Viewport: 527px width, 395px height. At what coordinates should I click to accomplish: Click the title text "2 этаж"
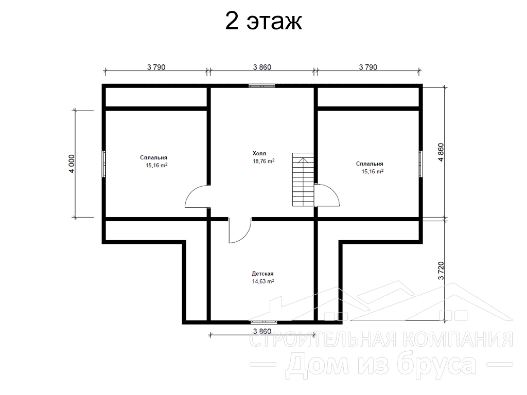click(263, 22)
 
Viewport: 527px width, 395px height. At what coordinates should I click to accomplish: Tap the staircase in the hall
click(303, 179)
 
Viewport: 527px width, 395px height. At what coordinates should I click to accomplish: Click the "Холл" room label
click(259, 153)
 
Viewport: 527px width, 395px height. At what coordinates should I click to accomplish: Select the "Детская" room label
click(262, 274)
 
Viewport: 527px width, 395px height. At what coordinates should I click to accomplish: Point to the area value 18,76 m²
click(263, 161)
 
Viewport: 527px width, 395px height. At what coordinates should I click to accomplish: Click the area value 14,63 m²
click(263, 281)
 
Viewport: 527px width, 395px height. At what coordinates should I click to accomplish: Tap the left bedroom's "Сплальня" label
click(153, 157)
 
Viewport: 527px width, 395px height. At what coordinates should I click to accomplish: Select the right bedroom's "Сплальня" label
click(370, 164)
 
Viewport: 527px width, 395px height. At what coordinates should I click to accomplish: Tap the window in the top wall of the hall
click(262, 86)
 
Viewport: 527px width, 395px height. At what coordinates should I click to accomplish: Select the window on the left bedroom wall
click(104, 164)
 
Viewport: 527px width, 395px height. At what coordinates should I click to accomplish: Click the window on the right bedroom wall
click(420, 164)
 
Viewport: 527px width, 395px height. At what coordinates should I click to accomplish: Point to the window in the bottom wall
click(264, 322)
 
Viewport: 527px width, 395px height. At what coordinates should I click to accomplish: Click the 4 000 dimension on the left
click(71, 164)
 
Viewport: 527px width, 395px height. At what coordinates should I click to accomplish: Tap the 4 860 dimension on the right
click(441, 152)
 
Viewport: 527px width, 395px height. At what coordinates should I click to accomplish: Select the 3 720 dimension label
click(441, 271)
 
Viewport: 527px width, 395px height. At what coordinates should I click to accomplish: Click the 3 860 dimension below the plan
click(262, 331)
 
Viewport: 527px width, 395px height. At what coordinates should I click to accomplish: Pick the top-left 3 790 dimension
click(156, 67)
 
